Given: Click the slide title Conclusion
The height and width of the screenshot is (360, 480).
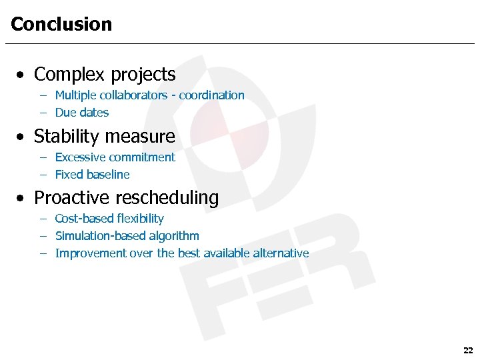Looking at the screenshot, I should coord(61,25).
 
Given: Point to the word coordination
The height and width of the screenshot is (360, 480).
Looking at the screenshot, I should coord(211,95).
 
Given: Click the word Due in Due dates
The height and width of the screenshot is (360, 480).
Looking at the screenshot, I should coord(65,113).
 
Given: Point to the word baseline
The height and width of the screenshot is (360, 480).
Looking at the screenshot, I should coord(111,175).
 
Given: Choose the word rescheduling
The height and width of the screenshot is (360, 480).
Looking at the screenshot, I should coord(167,198).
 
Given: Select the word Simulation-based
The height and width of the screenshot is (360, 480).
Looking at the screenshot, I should coord(98,236).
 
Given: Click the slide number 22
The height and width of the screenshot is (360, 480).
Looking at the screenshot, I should coord(467,350).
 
